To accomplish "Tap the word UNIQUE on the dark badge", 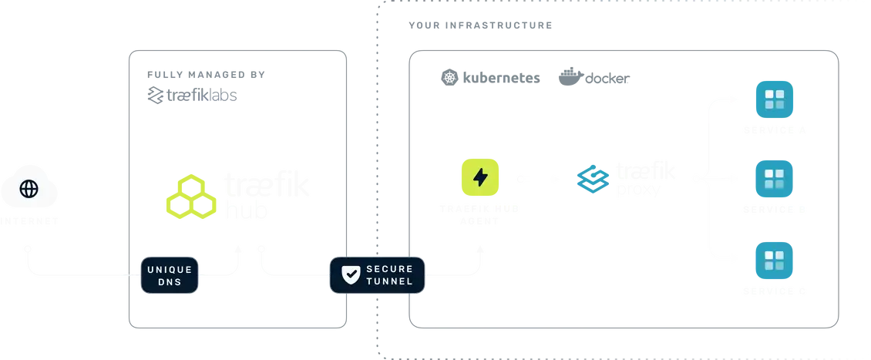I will click(170, 268).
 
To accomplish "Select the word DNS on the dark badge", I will click(170, 284).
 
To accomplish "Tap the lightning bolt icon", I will click(479, 178).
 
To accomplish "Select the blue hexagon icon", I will click(592, 179).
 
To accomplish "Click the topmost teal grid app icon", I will click(773, 100).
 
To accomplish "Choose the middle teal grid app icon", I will click(773, 179).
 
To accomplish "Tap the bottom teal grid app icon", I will click(773, 259).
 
